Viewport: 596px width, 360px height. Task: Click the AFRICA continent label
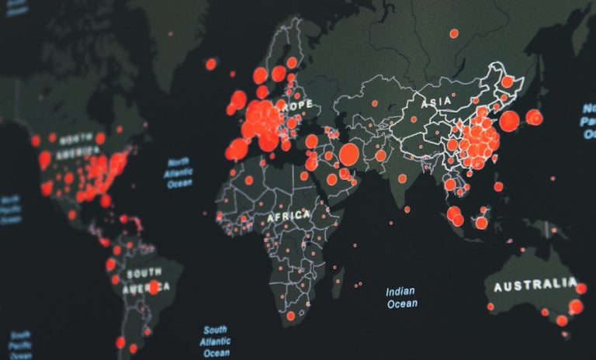(x=289, y=216)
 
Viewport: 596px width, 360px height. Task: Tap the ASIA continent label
(x=435, y=102)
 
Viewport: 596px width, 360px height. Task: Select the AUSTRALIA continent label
(x=535, y=286)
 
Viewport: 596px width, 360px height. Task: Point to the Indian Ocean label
(x=400, y=297)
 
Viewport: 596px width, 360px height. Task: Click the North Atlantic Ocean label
(x=178, y=173)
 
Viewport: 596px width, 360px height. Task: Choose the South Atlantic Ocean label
(x=216, y=341)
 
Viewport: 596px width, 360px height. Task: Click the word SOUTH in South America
(x=144, y=273)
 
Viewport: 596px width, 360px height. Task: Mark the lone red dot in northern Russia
(x=454, y=33)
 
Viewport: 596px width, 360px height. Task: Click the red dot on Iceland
(x=210, y=64)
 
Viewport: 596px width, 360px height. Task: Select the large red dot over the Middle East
(x=349, y=154)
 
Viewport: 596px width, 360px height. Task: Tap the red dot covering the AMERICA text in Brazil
(x=154, y=287)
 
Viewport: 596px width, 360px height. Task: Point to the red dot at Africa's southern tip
(x=290, y=316)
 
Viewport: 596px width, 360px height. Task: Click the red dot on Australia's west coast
(x=490, y=306)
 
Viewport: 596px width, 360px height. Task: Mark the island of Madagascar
(x=338, y=282)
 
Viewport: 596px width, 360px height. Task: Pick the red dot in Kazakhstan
(x=374, y=103)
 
